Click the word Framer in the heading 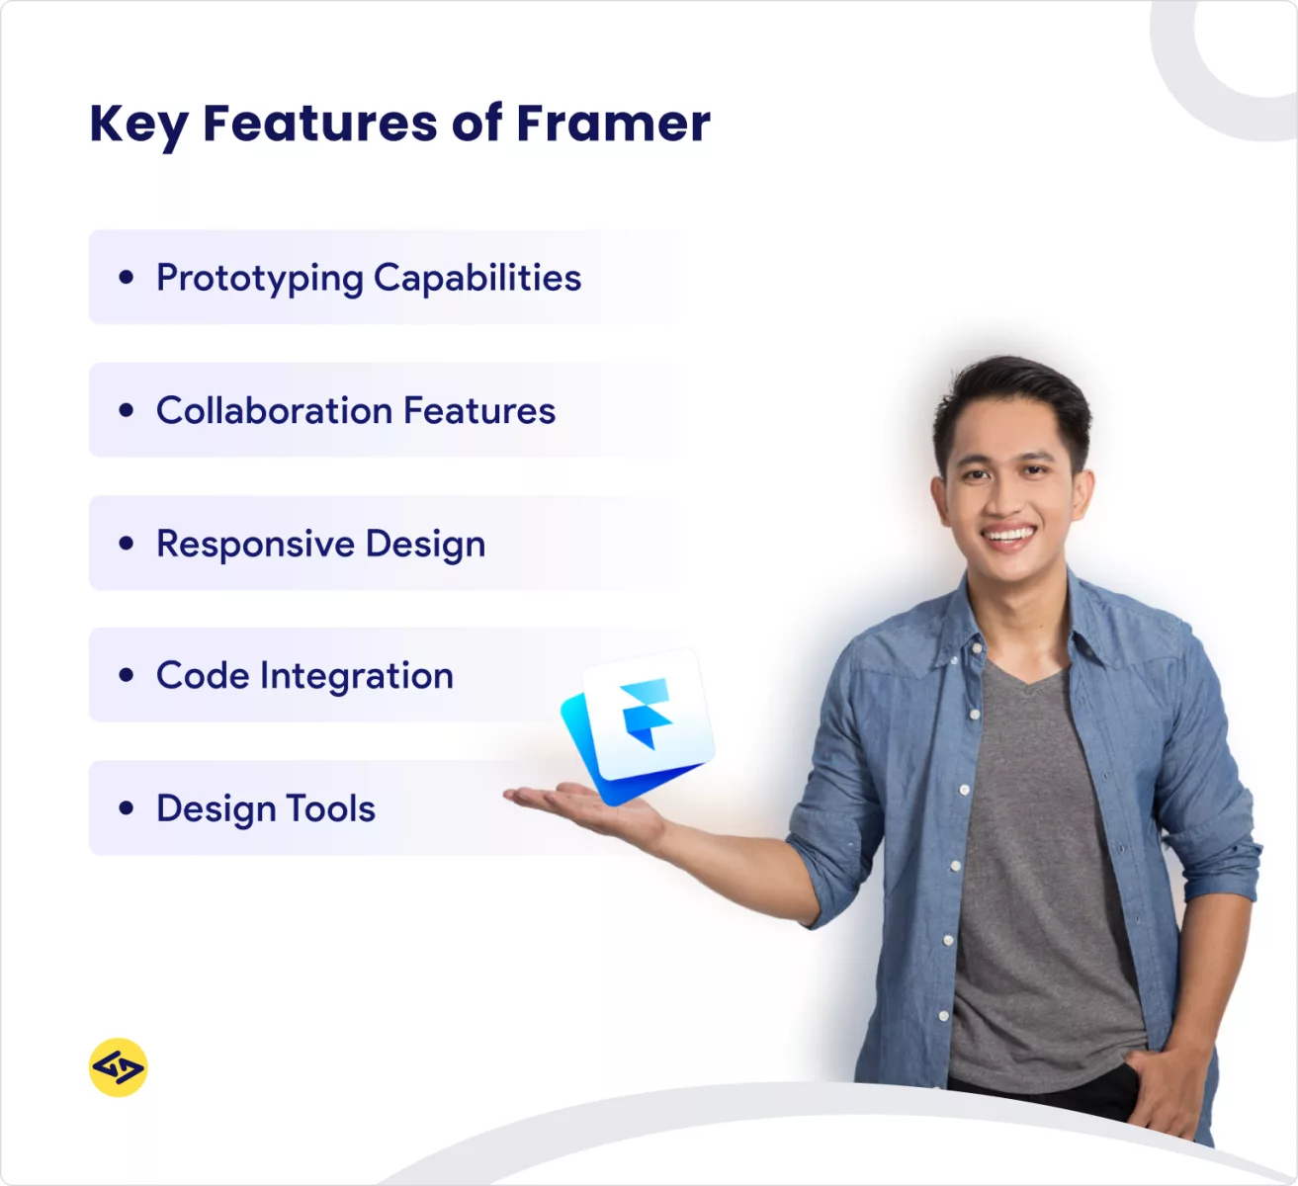(x=613, y=124)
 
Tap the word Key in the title (x=137, y=126)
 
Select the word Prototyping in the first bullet (x=259, y=279)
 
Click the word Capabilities (x=477, y=278)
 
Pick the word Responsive (x=255, y=545)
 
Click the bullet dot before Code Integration (x=126, y=676)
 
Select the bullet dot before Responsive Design (x=126, y=544)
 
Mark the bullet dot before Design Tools (x=126, y=808)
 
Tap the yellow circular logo (x=119, y=1067)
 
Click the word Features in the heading (x=319, y=124)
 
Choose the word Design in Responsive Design (x=425, y=545)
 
